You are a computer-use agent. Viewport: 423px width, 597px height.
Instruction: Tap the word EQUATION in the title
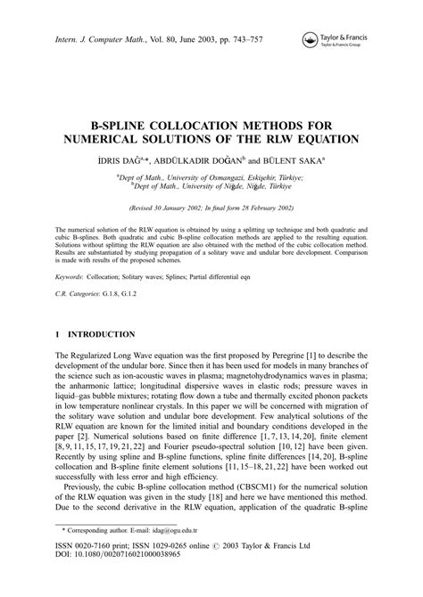327,139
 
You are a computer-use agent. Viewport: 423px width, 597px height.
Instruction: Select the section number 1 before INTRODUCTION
56,333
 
